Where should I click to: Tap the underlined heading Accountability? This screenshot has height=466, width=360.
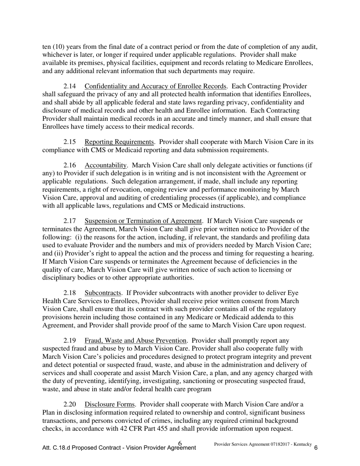(x=106, y=166)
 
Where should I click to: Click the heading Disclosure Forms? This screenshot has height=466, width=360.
(x=110, y=405)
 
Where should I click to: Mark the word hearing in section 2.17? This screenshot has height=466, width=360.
(x=302, y=253)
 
